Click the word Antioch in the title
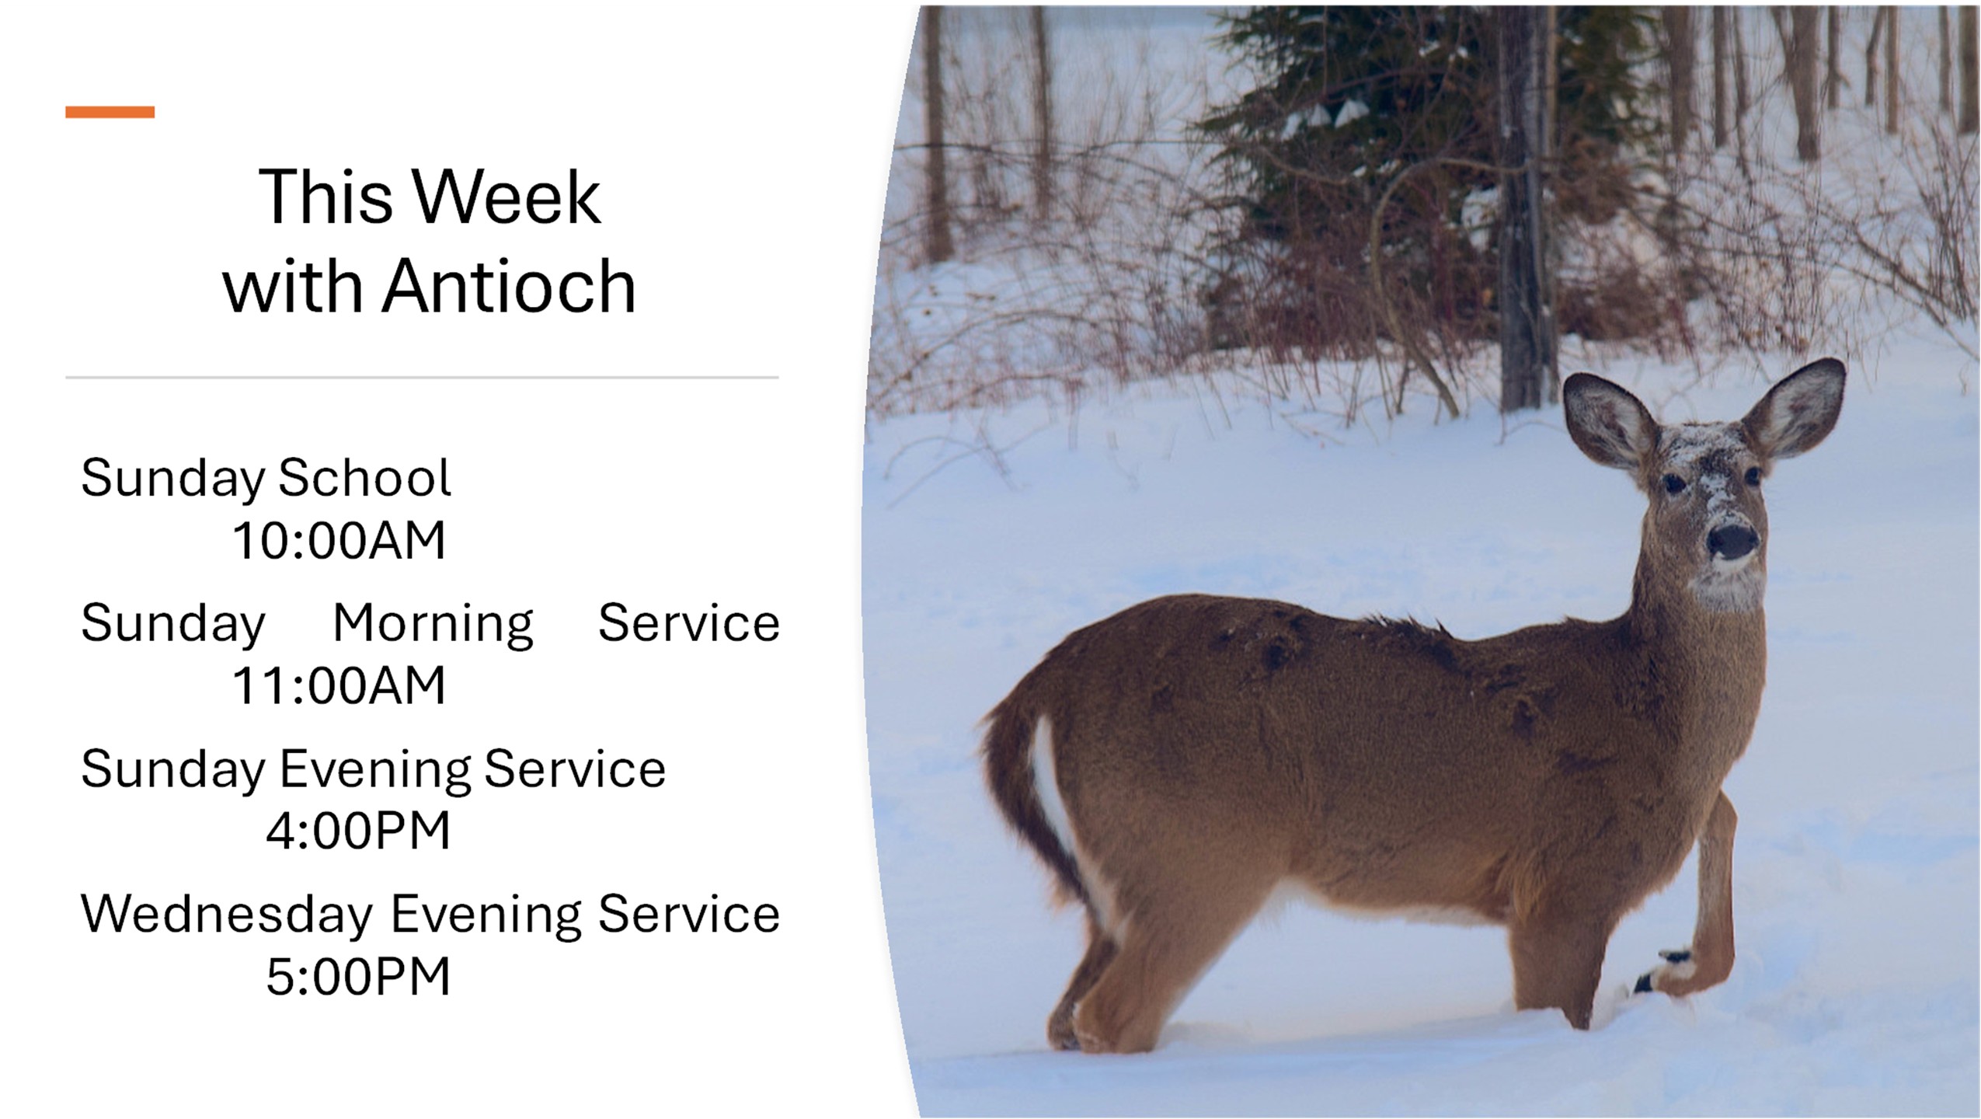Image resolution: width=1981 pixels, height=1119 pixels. coord(508,286)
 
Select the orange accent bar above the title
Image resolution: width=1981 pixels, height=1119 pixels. coord(110,112)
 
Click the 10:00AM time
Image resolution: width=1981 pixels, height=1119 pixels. coord(339,540)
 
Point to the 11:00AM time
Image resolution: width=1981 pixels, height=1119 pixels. coord(339,685)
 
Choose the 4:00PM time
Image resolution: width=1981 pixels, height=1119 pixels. coord(358,831)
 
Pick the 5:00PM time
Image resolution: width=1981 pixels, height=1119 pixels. coord(358,976)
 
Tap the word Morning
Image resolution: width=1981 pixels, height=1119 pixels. coord(433,624)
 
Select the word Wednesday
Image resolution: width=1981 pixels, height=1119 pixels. coord(227,914)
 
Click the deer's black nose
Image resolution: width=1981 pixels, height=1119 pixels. coord(1732,541)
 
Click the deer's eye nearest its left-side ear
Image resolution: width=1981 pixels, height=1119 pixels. coord(1673,483)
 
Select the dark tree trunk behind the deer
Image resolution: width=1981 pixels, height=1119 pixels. coord(1527,210)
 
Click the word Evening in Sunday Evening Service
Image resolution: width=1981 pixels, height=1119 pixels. coord(374,769)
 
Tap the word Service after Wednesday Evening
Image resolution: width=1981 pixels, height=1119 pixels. coord(688,914)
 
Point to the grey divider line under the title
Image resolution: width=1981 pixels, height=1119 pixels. coord(422,378)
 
